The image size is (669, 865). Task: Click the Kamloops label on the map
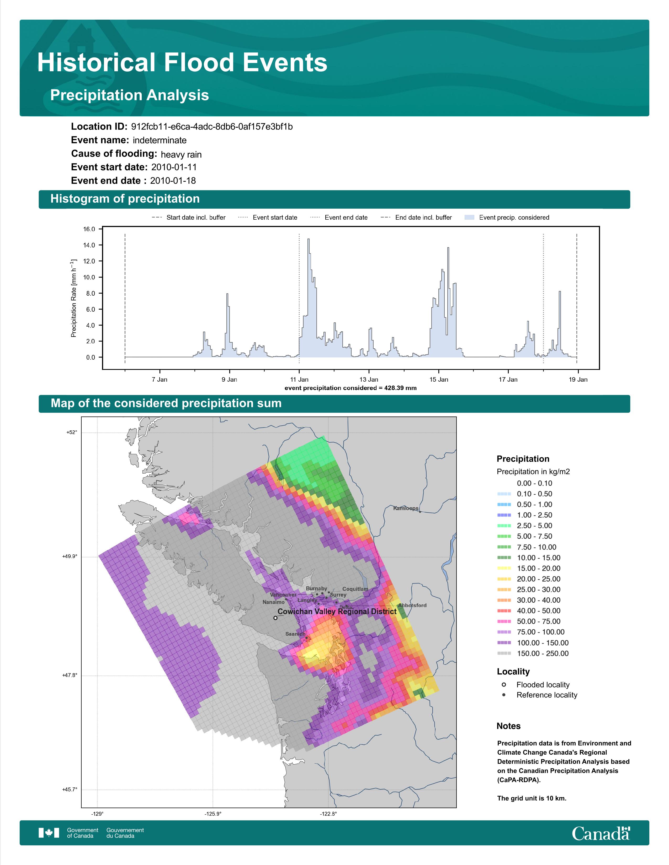[405, 508]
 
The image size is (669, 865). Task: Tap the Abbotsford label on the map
[412, 605]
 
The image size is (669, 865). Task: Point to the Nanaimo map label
[273, 602]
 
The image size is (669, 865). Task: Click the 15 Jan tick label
[439, 380]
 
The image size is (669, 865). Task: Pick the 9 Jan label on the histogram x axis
[230, 380]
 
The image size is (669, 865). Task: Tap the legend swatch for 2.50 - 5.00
[504, 526]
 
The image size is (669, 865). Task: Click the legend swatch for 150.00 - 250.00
[504, 653]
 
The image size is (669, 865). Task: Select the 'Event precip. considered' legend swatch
[469, 218]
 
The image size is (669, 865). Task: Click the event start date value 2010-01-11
[174, 167]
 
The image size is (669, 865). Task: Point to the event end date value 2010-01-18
[173, 181]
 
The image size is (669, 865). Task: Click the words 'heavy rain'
[181, 154]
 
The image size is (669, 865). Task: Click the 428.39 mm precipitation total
[400, 388]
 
